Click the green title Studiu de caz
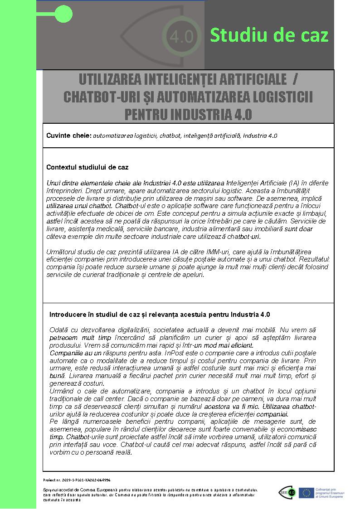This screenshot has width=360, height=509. [269, 35]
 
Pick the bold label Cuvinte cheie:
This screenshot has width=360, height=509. [69, 136]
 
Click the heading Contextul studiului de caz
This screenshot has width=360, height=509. [88, 167]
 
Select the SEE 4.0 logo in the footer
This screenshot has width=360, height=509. [287, 493]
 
